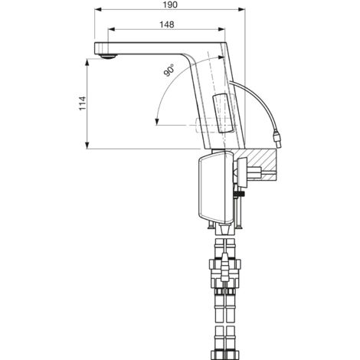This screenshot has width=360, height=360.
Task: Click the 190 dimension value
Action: click(x=171, y=5)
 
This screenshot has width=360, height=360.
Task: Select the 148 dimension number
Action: click(x=167, y=25)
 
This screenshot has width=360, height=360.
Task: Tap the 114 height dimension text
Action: click(x=82, y=103)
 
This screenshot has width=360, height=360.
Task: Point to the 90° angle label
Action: click(x=169, y=70)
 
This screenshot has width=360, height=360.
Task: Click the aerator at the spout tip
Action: click(x=108, y=57)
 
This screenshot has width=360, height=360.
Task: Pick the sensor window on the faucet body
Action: click(x=223, y=113)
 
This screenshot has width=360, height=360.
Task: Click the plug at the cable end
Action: click(x=277, y=139)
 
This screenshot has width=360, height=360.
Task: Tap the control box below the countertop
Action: click(x=215, y=187)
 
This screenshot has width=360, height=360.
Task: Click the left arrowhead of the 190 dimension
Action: click(x=98, y=9)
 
